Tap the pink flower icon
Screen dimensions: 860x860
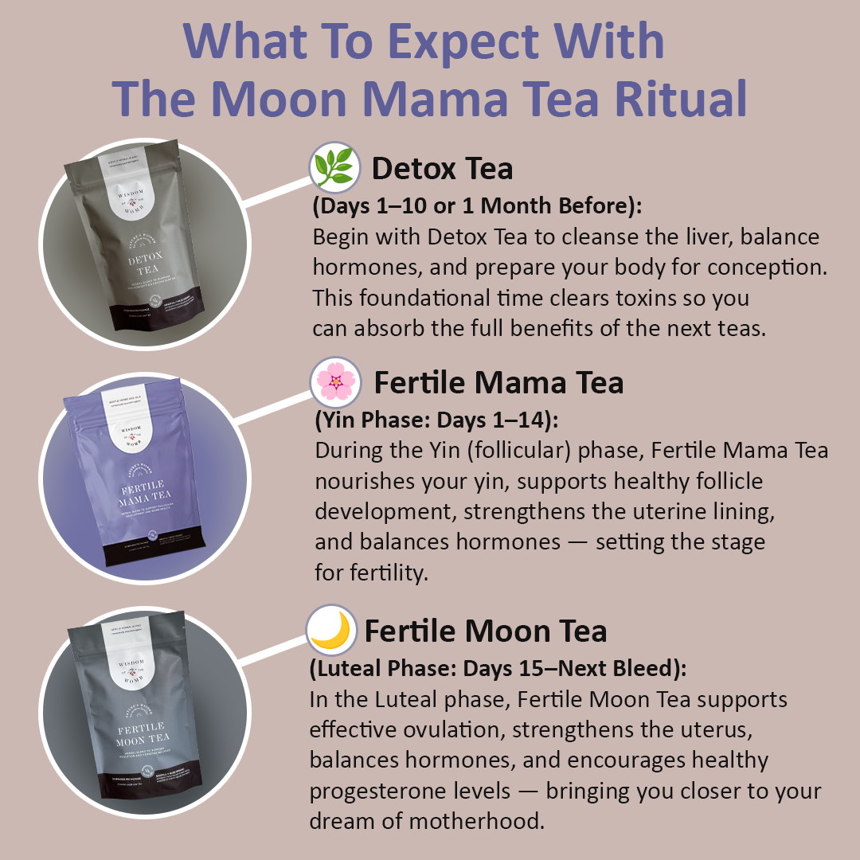point(337,382)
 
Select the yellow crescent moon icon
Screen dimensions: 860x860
point(331,630)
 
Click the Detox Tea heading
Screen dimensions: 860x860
point(443,169)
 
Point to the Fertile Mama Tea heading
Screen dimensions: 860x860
point(499,383)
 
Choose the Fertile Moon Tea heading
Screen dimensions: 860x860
point(486,631)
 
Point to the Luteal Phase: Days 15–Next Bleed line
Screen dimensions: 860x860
point(497,669)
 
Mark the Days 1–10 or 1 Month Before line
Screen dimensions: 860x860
point(477,205)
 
